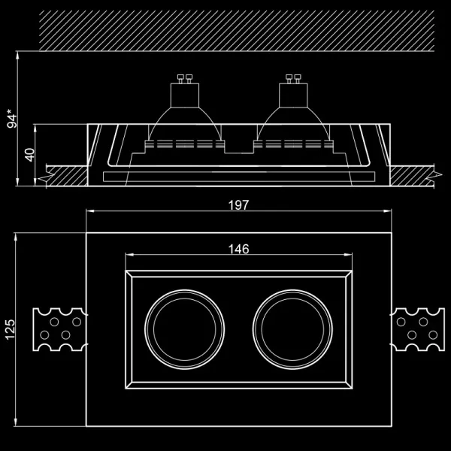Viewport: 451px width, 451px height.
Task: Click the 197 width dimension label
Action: tap(238, 204)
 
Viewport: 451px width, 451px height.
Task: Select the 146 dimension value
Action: tap(238, 249)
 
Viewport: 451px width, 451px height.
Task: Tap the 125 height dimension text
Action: tap(10, 328)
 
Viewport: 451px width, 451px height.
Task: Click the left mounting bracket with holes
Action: tap(59, 330)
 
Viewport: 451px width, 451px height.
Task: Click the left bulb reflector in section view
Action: tap(184, 124)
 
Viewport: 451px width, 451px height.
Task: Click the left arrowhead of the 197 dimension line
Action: tap(90, 212)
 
